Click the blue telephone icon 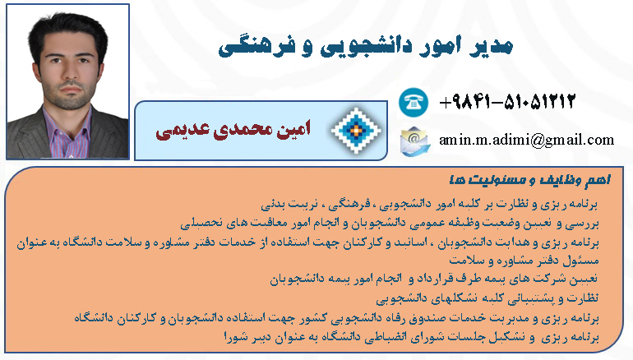pyautogui.click(x=414, y=102)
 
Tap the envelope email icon pyautogui.click(x=414, y=141)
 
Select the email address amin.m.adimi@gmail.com pyautogui.click(x=526, y=140)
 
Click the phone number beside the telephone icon pyautogui.click(x=507, y=101)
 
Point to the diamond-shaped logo pyautogui.click(x=356, y=131)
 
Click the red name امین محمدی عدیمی pyautogui.click(x=233, y=130)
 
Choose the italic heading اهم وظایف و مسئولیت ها pyautogui.click(x=529, y=180)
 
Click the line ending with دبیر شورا pyautogui.click(x=411, y=337)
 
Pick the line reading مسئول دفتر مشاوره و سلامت pyautogui.click(x=524, y=261)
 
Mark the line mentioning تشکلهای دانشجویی pyautogui.click(x=487, y=298)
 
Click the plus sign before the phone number pyautogui.click(x=445, y=102)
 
